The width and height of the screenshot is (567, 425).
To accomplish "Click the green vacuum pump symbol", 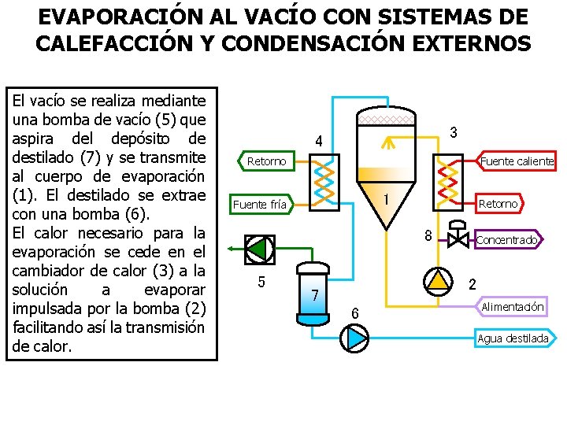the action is point(257,249).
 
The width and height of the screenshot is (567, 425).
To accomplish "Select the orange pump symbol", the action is point(439,280).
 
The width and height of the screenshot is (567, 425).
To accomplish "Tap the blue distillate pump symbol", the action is point(354,338).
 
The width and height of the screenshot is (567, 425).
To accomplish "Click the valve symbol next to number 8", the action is point(456,237).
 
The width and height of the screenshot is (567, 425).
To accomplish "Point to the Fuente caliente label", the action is point(517,161).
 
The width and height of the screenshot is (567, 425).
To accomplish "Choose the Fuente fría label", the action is point(262,205).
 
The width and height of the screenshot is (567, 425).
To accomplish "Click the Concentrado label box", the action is point(508,239).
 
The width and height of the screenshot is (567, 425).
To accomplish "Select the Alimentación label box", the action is point(512,306).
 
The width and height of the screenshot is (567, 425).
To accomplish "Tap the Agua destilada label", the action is point(513,338).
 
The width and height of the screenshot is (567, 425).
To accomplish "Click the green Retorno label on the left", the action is point(266,161).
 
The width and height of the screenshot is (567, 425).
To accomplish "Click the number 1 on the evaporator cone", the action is point(387,200).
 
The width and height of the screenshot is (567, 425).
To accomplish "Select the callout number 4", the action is point(318,142).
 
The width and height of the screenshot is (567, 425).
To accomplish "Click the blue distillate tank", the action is point(313,292).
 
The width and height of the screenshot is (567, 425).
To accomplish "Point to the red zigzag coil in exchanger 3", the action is point(448,176).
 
